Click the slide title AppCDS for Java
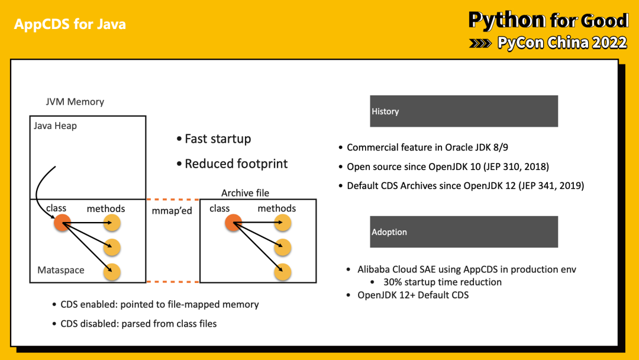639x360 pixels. (70, 24)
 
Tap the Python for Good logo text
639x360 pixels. (548, 20)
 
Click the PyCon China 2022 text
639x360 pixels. (561, 43)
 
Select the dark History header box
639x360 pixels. (464, 111)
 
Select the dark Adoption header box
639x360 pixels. (464, 232)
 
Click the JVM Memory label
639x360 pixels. (75, 102)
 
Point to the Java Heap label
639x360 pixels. (55, 126)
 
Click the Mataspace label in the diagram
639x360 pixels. (61, 270)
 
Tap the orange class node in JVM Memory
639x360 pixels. (62, 223)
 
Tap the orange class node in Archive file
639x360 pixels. (234, 223)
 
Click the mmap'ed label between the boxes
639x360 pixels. (172, 211)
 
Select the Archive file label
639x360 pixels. (245, 193)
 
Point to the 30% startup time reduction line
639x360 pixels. (442, 282)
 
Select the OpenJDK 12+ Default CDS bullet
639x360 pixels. (412, 295)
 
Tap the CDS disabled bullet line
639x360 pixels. (138, 323)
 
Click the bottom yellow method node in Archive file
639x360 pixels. (283, 272)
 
